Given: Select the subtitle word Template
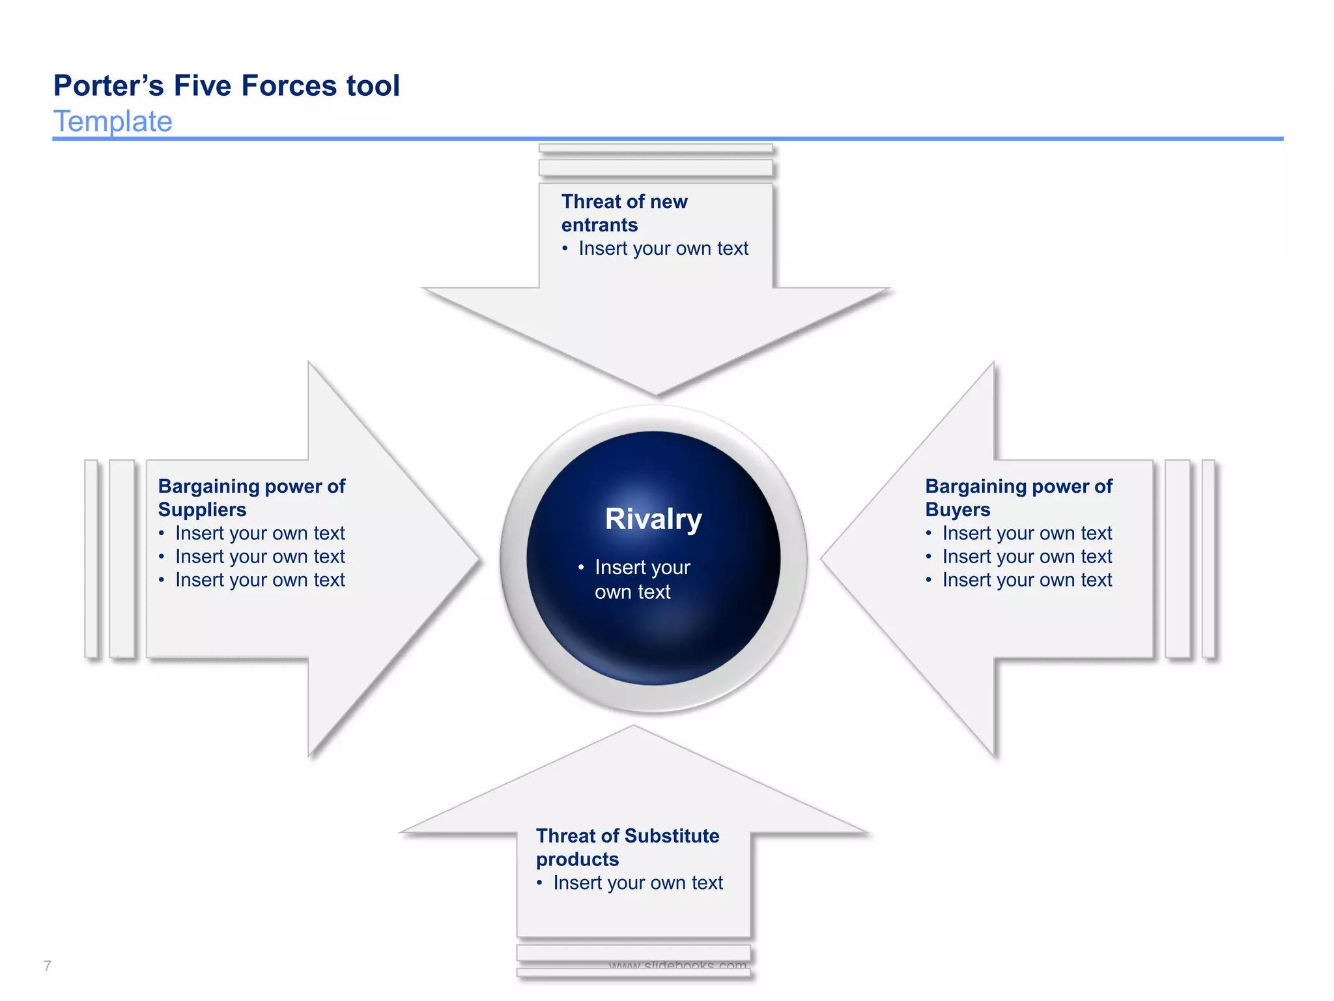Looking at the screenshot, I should coord(113,122).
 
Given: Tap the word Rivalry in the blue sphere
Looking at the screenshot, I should coord(653,519).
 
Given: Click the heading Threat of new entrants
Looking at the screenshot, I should coord(624,213).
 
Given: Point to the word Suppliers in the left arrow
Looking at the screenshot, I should coord(202,510).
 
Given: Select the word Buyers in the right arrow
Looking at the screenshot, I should coord(958,510).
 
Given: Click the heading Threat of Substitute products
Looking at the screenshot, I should coord(627,847).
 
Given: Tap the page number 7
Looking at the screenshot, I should coord(47,966).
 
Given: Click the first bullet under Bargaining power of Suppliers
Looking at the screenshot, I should coord(259,534).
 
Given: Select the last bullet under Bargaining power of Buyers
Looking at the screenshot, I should coord(1027,580).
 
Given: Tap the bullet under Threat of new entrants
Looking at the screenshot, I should coord(663,249).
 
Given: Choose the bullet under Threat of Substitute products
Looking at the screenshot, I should coord(638,883).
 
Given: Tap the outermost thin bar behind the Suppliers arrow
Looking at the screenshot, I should coord(91,559).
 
